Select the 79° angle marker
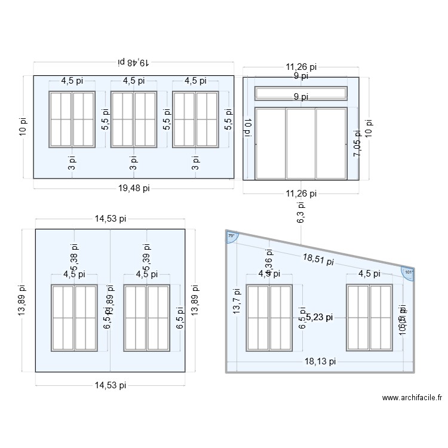tap(231, 237)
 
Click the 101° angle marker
tap(409, 272)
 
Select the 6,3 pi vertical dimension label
tap(300, 212)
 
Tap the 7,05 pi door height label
tap(357, 144)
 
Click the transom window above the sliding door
tap(301, 94)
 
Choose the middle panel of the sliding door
tap(301, 143)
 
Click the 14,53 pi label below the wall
tap(111, 385)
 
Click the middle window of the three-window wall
tap(134, 119)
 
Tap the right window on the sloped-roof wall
tap(369, 318)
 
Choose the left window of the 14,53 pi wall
tap(74, 318)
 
